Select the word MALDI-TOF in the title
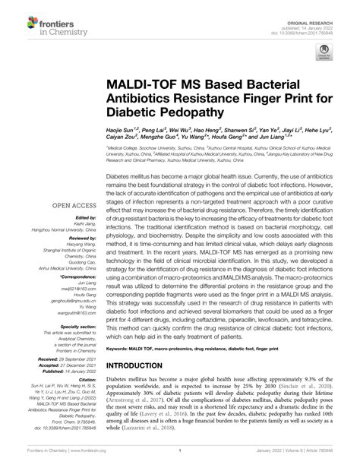click(x=145, y=83)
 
